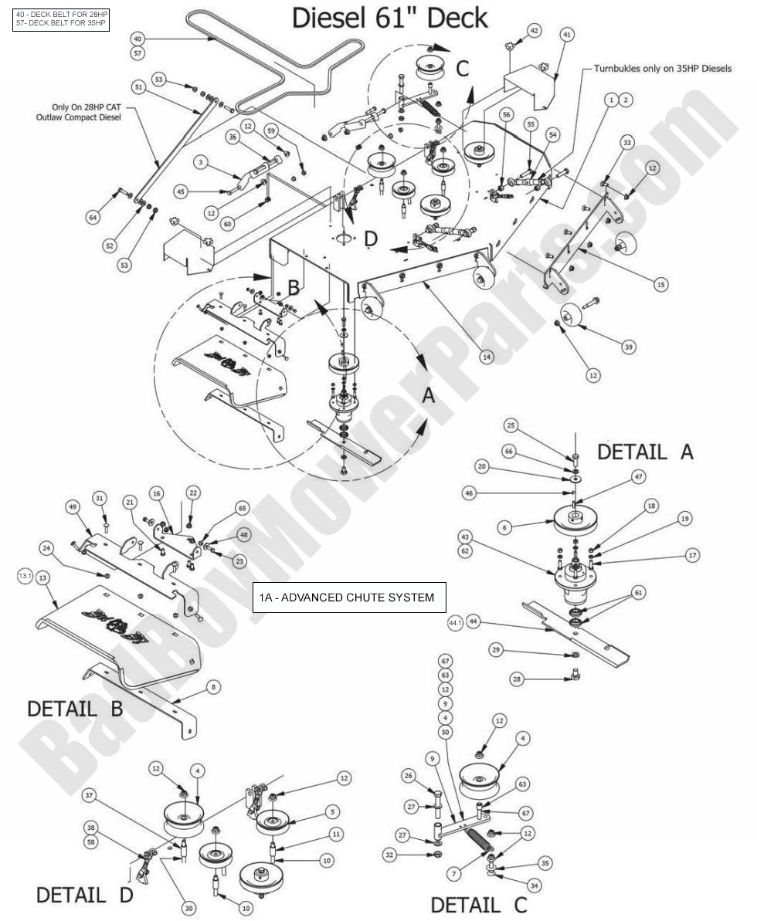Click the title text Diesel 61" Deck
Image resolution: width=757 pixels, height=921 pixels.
click(x=389, y=19)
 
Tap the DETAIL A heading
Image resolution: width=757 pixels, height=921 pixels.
click(x=645, y=452)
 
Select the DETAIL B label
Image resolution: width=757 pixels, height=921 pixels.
click(x=75, y=707)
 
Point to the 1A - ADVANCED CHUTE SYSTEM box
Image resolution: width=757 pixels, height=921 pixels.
click(x=350, y=597)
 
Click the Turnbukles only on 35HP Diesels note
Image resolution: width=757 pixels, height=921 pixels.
click(x=662, y=69)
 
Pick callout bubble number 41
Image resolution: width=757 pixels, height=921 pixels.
click(x=567, y=35)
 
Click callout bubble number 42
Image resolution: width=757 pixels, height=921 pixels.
click(x=534, y=30)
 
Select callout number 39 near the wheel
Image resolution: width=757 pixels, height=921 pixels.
click(x=628, y=347)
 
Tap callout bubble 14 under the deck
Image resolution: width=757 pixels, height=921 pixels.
click(x=486, y=357)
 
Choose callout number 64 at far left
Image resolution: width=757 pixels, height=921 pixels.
click(x=93, y=218)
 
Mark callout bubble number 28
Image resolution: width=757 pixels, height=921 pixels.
click(x=516, y=679)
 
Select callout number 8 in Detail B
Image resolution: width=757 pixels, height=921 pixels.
click(x=213, y=686)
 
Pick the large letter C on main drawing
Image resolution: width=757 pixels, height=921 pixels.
click(x=461, y=69)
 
